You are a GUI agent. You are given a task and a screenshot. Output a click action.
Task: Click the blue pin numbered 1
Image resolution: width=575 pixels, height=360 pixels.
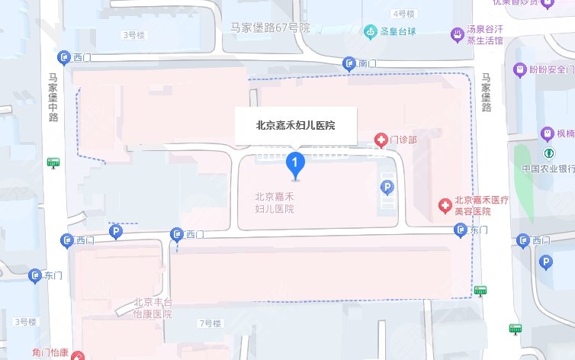pos(295,163)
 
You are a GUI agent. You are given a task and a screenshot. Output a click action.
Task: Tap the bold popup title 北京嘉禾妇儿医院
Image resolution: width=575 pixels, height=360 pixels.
pos(296,124)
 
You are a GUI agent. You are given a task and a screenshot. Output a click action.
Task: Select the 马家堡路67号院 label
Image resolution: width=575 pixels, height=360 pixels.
pos(271,27)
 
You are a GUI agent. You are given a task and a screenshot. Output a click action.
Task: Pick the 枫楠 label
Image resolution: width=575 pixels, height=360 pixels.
pos(565,134)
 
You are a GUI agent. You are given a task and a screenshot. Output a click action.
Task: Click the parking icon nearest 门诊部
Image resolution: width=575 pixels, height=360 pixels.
pos(387,186)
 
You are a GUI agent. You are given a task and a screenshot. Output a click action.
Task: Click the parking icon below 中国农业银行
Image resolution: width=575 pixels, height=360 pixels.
pos(546,262)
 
